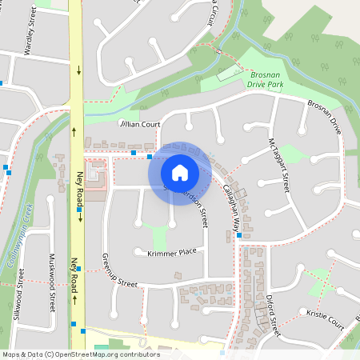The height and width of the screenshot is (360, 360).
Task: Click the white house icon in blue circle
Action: [180, 172]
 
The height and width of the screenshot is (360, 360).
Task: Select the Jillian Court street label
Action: [140, 125]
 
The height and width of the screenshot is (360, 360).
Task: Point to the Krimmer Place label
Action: [172, 252]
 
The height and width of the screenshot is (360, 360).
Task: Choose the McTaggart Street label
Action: [278, 164]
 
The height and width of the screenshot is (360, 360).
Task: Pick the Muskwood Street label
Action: [52, 277]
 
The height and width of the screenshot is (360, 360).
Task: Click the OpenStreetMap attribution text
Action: [80, 354]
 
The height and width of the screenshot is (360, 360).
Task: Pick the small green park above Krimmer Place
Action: [160, 236]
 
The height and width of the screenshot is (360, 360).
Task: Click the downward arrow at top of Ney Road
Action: [79, 71]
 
